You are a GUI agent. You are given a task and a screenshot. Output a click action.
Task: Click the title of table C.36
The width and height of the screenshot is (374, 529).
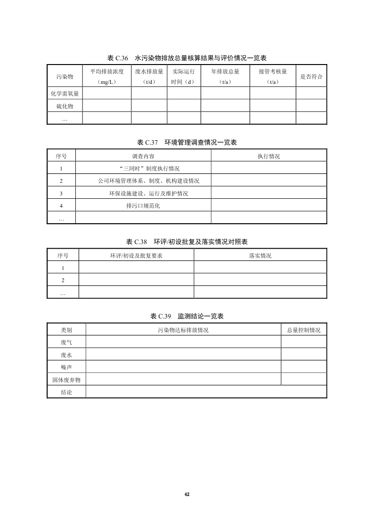click(187, 58)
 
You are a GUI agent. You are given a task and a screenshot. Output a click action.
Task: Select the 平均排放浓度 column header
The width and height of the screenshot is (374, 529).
click(107, 76)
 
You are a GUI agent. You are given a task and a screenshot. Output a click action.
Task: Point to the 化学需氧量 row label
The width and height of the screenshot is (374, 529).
click(65, 93)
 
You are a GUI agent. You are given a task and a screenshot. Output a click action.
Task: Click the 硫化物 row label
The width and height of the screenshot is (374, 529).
click(65, 106)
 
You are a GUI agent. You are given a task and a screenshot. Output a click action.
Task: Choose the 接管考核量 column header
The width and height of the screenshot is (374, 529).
click(273, 76)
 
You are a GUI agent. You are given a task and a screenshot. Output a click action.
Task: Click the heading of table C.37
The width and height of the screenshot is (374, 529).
click(187, 142)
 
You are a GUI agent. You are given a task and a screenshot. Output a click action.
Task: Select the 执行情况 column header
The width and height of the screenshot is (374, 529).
click(268, 156)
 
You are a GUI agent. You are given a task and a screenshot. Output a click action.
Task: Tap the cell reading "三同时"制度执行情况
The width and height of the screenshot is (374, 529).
click(143, 168)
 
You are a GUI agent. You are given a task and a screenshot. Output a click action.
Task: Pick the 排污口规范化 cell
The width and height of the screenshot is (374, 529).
click(143, 205)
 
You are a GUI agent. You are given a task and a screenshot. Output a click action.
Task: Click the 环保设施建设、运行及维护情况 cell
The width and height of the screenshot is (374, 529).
click(143, 193)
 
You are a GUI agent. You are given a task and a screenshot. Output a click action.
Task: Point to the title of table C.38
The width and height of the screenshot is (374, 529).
click(187, 242)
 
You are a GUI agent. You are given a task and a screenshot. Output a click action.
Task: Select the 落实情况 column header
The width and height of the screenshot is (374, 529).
click(260, 255)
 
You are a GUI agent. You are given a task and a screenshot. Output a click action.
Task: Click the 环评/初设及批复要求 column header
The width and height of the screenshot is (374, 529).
click(136, 255)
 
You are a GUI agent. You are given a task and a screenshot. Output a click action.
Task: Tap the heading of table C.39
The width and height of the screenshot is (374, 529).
click(187, 316)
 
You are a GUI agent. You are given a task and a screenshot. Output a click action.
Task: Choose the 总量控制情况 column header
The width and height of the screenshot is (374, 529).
click(304, 330)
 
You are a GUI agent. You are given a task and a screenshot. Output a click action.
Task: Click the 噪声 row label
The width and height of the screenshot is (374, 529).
click(66, 367)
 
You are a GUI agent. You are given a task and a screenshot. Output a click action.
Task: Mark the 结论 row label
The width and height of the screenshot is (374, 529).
click(66, 392)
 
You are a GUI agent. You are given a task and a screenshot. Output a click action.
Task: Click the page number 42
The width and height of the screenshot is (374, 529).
click(187, 494)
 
